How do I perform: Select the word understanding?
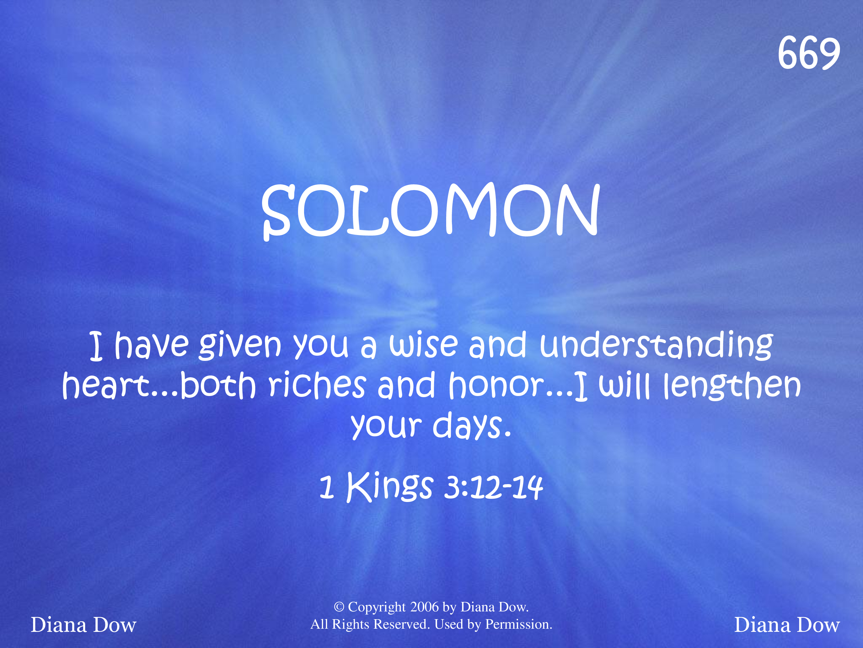[x=656, y=345]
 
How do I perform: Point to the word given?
[x=240, y=345]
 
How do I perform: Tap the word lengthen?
[x=732, y=386]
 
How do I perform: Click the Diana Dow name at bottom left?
[x=83, y=625]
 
